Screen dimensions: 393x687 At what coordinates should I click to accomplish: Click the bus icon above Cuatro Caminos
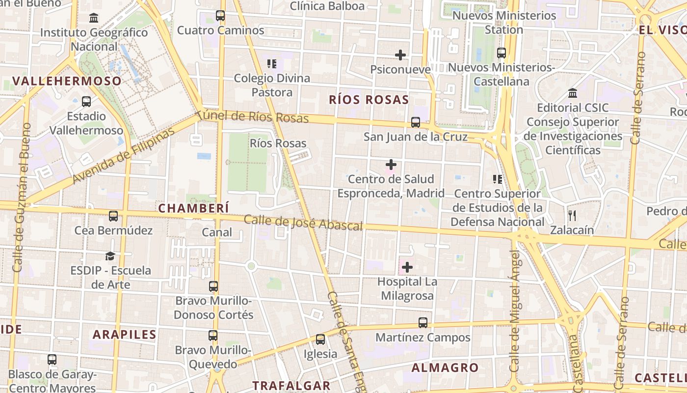pos(220,16)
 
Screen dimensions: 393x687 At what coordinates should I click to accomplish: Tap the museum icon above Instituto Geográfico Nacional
pos(94,18)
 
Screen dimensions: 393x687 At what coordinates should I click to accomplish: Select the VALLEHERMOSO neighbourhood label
pos(67,81)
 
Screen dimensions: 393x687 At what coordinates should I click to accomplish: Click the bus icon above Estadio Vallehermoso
pos(86,102)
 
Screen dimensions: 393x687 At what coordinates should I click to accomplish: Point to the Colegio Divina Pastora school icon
pos(272,63)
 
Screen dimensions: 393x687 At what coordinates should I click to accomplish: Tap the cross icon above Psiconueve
pos(400,55)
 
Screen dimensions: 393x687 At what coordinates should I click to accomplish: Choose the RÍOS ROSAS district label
pos(369,100)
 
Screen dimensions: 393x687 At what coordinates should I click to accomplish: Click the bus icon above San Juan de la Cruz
pos(416,122)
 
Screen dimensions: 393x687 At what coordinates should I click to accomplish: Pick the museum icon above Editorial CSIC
pos(573,93)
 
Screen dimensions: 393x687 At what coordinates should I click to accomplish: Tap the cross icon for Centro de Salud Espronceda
pos(391,165)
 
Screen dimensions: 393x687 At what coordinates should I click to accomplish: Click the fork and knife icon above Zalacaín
pos(572,215)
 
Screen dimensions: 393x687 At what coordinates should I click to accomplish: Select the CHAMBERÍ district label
pos(194,208)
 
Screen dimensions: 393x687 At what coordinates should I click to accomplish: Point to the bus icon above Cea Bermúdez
pos(113,216)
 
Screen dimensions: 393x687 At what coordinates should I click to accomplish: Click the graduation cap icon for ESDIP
pos(110,256)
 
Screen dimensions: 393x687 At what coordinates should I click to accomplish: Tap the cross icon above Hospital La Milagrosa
pos(407,267)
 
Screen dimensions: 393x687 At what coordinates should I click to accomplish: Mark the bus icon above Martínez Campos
pos(423,323)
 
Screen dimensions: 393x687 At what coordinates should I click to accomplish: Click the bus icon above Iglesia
pos(320,339)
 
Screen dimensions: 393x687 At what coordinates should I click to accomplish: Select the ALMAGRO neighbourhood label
pos(445,367)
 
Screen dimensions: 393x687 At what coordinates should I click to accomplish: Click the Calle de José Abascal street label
pos(303,223)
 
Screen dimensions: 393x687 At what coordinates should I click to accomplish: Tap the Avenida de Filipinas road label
pos(123,156)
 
